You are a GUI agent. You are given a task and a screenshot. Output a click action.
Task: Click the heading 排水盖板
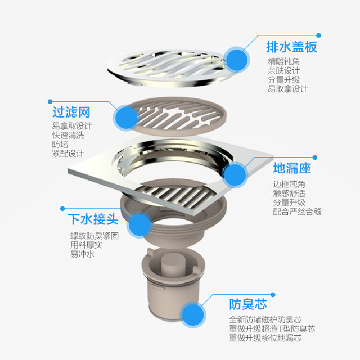[x=291, y=47]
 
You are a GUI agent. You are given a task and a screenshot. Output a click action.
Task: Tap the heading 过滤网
[x=71, y=112]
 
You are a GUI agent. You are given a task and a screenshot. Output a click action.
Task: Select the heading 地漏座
[x=292, y=168]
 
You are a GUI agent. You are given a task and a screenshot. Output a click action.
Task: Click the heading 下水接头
[x=93, y=219]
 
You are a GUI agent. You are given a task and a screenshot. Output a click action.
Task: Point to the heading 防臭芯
[x=248, y=304]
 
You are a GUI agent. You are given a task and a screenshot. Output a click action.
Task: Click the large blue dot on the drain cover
[x=237, y=60]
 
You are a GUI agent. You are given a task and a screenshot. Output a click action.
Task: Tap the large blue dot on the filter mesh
[x=126, y=118]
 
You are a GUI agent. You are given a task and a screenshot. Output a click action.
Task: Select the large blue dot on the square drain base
[x=235, y=174]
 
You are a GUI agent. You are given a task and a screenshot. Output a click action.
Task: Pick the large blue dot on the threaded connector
[x=139, y=225]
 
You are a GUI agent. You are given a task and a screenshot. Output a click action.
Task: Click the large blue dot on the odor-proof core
[x=193, y=314]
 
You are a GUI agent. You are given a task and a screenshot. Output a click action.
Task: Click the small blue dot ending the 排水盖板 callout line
[x=318, y=35]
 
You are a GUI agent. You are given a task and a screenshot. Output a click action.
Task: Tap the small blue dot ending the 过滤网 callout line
[x=50, y=101]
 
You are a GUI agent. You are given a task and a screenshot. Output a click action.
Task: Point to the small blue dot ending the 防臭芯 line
[x=273, y=295]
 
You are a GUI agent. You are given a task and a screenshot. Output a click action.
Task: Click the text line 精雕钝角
[x=283, y=61]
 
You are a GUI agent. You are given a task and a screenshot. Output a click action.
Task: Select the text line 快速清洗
[x=68, y=135]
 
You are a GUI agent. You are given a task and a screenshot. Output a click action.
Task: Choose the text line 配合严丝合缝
[x=297, y=211]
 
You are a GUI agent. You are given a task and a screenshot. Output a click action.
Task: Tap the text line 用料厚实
[x=86, y=245]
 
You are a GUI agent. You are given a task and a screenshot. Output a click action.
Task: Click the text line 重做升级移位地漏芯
[x=265, y=338]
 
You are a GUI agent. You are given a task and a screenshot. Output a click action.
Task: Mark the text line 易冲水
[x=82, y=254]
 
